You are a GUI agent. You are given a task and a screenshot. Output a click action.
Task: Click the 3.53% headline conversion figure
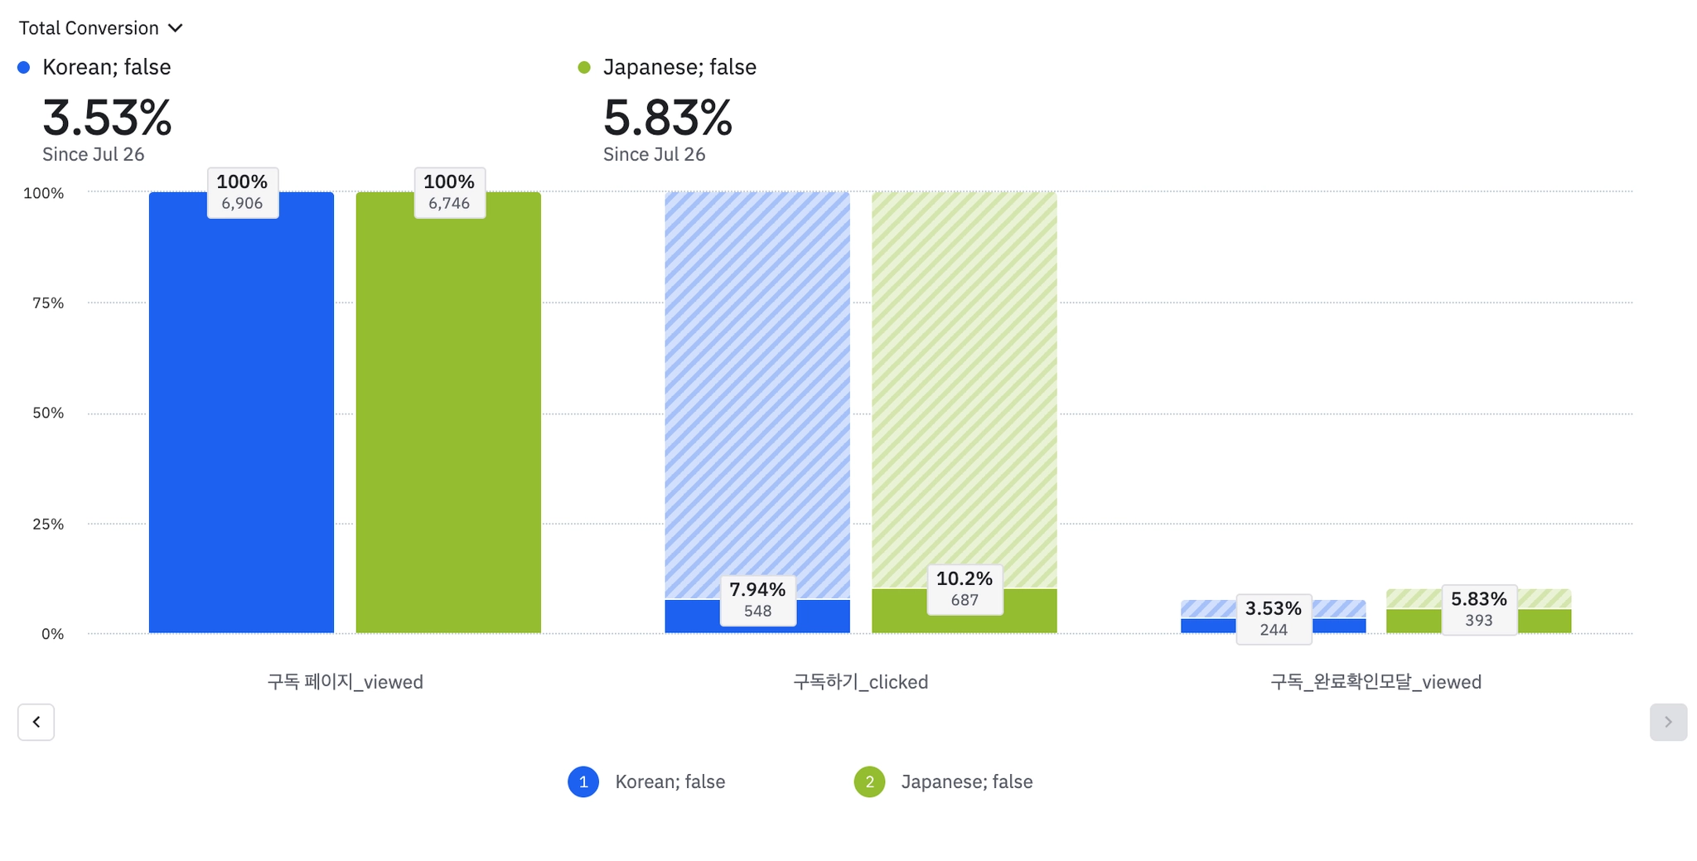coord(107,118)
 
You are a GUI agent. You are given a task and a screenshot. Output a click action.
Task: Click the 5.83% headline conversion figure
coord(667,118)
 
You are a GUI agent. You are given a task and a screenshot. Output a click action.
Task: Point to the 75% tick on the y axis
coord(48,303)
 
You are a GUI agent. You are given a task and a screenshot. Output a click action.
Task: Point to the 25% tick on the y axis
coord(48,524)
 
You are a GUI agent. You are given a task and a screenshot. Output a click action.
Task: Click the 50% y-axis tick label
coord(48,414)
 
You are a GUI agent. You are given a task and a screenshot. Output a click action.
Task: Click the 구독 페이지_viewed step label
coord(345,682)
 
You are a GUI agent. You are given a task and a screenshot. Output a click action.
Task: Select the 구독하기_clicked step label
coord(860,682)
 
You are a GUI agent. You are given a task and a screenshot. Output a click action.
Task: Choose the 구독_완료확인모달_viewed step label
coord(1375,682)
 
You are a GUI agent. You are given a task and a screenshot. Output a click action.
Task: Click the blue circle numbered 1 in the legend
coord(583,781)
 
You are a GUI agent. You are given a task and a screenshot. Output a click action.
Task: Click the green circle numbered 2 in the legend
coord(869,781)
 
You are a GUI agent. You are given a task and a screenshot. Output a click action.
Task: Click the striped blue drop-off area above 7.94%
coord(757,389)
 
